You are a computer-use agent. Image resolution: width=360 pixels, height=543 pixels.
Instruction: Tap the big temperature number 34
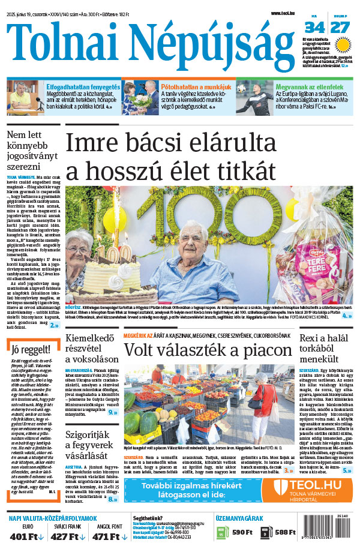tap(314, 27)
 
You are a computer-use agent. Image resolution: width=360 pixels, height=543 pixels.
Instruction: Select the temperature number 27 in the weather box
tap(340, 27)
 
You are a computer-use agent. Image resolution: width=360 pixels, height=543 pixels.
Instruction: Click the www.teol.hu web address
tap(283, 13)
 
